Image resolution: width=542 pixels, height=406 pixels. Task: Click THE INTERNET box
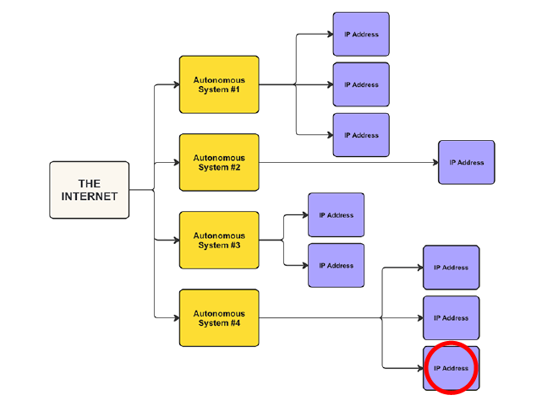tap(89, 190)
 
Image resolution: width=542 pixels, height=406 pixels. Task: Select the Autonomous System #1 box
tap(219, 84)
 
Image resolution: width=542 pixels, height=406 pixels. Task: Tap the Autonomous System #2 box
tap(219, 162)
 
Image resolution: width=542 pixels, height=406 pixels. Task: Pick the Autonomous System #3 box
tap(219, 240)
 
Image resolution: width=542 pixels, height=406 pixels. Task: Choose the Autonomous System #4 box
tap(219, 317)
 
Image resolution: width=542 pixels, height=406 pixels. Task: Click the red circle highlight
tap(451, 368)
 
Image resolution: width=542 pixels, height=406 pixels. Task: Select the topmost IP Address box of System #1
tap(361, 35)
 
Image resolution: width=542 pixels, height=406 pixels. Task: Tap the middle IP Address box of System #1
tap(361, 84)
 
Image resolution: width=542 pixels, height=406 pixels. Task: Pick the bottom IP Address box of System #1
tap(361, 135)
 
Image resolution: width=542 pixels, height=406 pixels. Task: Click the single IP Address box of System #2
tap(466, 162)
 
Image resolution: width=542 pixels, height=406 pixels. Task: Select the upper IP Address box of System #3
tap(336, 215)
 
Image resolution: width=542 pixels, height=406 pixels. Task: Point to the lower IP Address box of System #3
tap(336, 266)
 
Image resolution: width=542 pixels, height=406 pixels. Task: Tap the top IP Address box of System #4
tap(451, 268)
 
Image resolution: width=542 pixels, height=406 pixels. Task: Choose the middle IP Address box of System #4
tap(451, 318)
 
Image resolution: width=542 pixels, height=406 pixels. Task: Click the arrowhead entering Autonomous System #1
tap(175, 84)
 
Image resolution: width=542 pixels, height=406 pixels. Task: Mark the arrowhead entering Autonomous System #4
tap(175, 317)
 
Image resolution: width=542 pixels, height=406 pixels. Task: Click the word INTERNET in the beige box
tap(90, 197)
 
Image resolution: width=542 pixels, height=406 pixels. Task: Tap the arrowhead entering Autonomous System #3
tap(175, 240)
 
